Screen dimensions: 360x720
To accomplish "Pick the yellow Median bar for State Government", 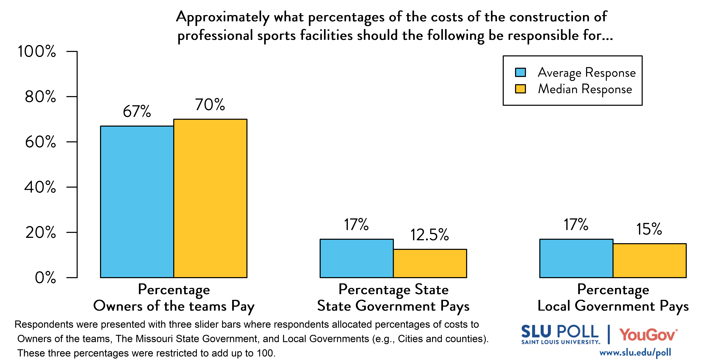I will [430, 263].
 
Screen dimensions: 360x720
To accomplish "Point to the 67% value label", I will [137, 111].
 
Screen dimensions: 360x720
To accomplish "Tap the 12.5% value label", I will [430, 235].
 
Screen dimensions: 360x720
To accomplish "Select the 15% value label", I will [649, 229].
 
